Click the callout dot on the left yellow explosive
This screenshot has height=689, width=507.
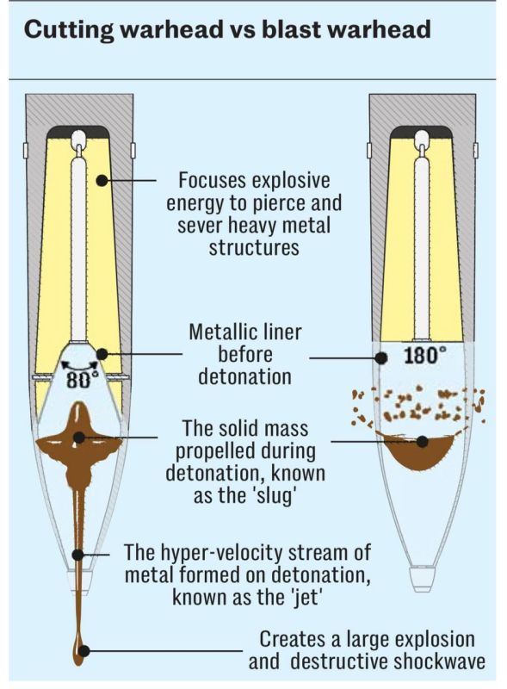102,180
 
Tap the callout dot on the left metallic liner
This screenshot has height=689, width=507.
102,354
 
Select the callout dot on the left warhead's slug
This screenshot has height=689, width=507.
79,438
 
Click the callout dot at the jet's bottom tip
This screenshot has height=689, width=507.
83,651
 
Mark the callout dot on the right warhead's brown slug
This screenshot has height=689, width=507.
422,442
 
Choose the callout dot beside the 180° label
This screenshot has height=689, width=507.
381,358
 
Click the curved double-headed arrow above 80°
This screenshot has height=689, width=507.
79,363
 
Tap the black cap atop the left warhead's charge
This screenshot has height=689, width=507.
77,131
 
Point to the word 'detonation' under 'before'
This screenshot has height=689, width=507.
244,377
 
